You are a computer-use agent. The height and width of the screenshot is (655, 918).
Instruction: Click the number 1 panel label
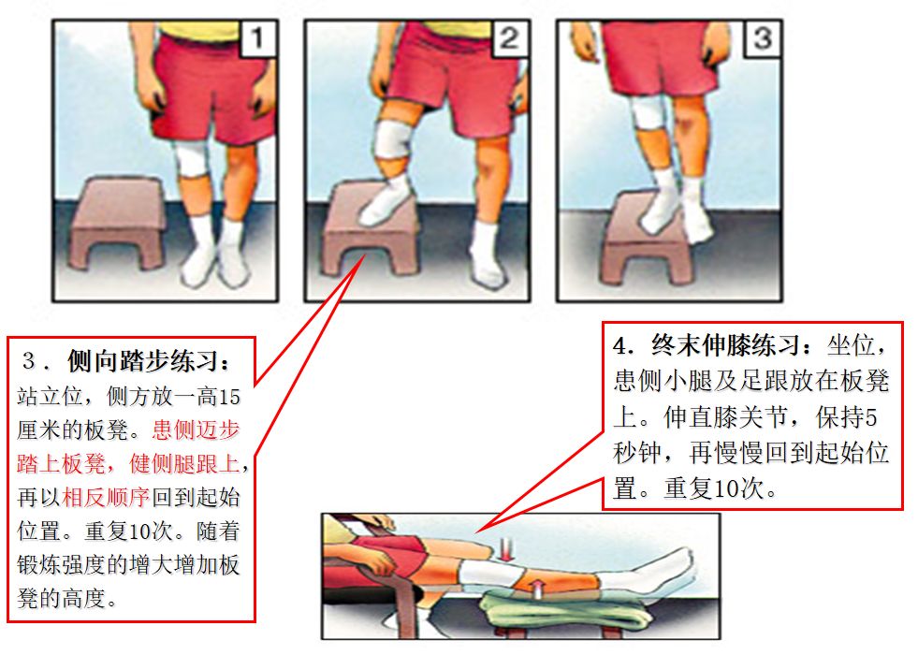[259, 39]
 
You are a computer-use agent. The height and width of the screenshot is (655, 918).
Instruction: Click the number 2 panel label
[508, 39]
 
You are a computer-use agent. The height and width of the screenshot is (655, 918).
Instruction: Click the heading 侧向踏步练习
[148, 360]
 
